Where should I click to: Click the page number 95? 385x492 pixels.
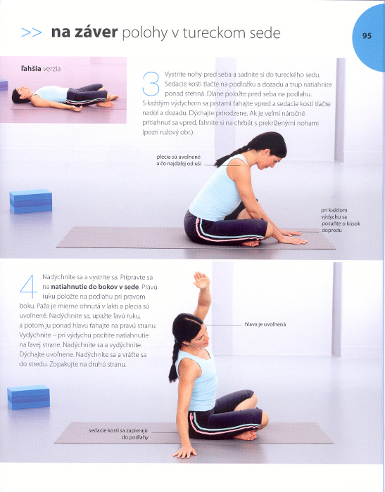367,36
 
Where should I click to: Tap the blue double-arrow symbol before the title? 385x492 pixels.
32,32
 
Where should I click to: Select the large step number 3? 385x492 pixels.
151,84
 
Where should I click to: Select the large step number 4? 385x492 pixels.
28,287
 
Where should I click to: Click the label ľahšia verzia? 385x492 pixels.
41,69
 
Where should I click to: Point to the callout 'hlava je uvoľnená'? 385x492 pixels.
265,325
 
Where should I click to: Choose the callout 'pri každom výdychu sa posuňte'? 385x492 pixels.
341,220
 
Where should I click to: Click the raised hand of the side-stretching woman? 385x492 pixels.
201,280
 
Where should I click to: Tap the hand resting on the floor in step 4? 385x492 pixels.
185,452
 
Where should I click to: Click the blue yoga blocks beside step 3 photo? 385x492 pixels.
31,201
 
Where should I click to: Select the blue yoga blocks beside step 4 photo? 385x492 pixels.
28,397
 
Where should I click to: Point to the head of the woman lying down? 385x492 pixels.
20,95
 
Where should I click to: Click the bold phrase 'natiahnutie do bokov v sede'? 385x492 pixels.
94,287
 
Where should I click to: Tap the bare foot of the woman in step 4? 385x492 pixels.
246,435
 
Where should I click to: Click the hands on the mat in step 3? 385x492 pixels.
292,237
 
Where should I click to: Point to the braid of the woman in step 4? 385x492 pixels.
175,361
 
